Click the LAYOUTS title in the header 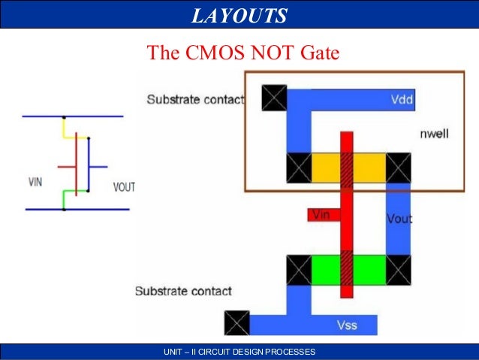239,15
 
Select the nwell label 435,134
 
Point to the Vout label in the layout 399,219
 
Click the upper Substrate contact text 195,99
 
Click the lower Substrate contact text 183,290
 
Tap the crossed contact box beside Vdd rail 274,97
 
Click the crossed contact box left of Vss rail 237,323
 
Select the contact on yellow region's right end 398,167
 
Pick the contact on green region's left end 299,268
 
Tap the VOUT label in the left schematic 124,186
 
